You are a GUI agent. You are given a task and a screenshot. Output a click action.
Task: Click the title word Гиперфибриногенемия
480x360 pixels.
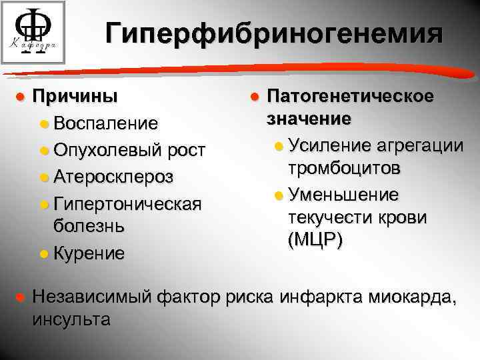[x=273, y=33]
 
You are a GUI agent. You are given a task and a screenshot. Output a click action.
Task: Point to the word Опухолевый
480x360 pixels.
[x=108, y=150]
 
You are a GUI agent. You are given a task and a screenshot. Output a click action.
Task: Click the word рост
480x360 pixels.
[x=185, y=150]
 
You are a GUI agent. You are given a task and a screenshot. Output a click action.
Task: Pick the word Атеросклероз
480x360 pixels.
[x=114, y=177]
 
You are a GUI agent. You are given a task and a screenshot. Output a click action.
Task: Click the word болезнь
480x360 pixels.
[x=89, y=225]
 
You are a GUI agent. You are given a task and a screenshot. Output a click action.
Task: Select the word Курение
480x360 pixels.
[x=90, y=253]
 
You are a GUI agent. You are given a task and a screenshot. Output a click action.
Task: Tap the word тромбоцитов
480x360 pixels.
[x=345, y=168]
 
